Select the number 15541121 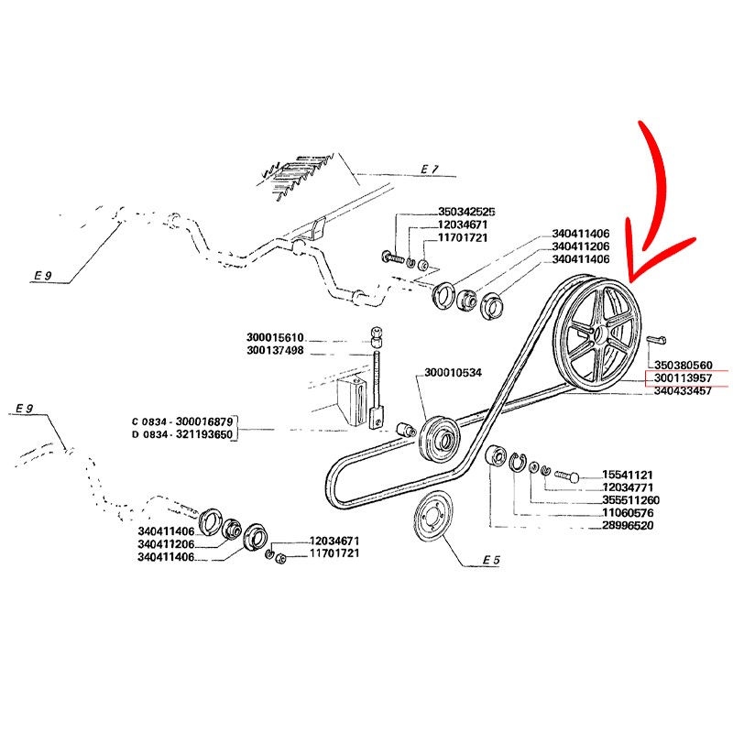click(x=628, y=475)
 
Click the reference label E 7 click(x=430, y=170)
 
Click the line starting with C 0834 click(x=183, y=421)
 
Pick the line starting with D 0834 click(x=183, y=434)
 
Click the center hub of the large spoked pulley click(x=602, y=332)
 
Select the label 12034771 click(x=628, y=487)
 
